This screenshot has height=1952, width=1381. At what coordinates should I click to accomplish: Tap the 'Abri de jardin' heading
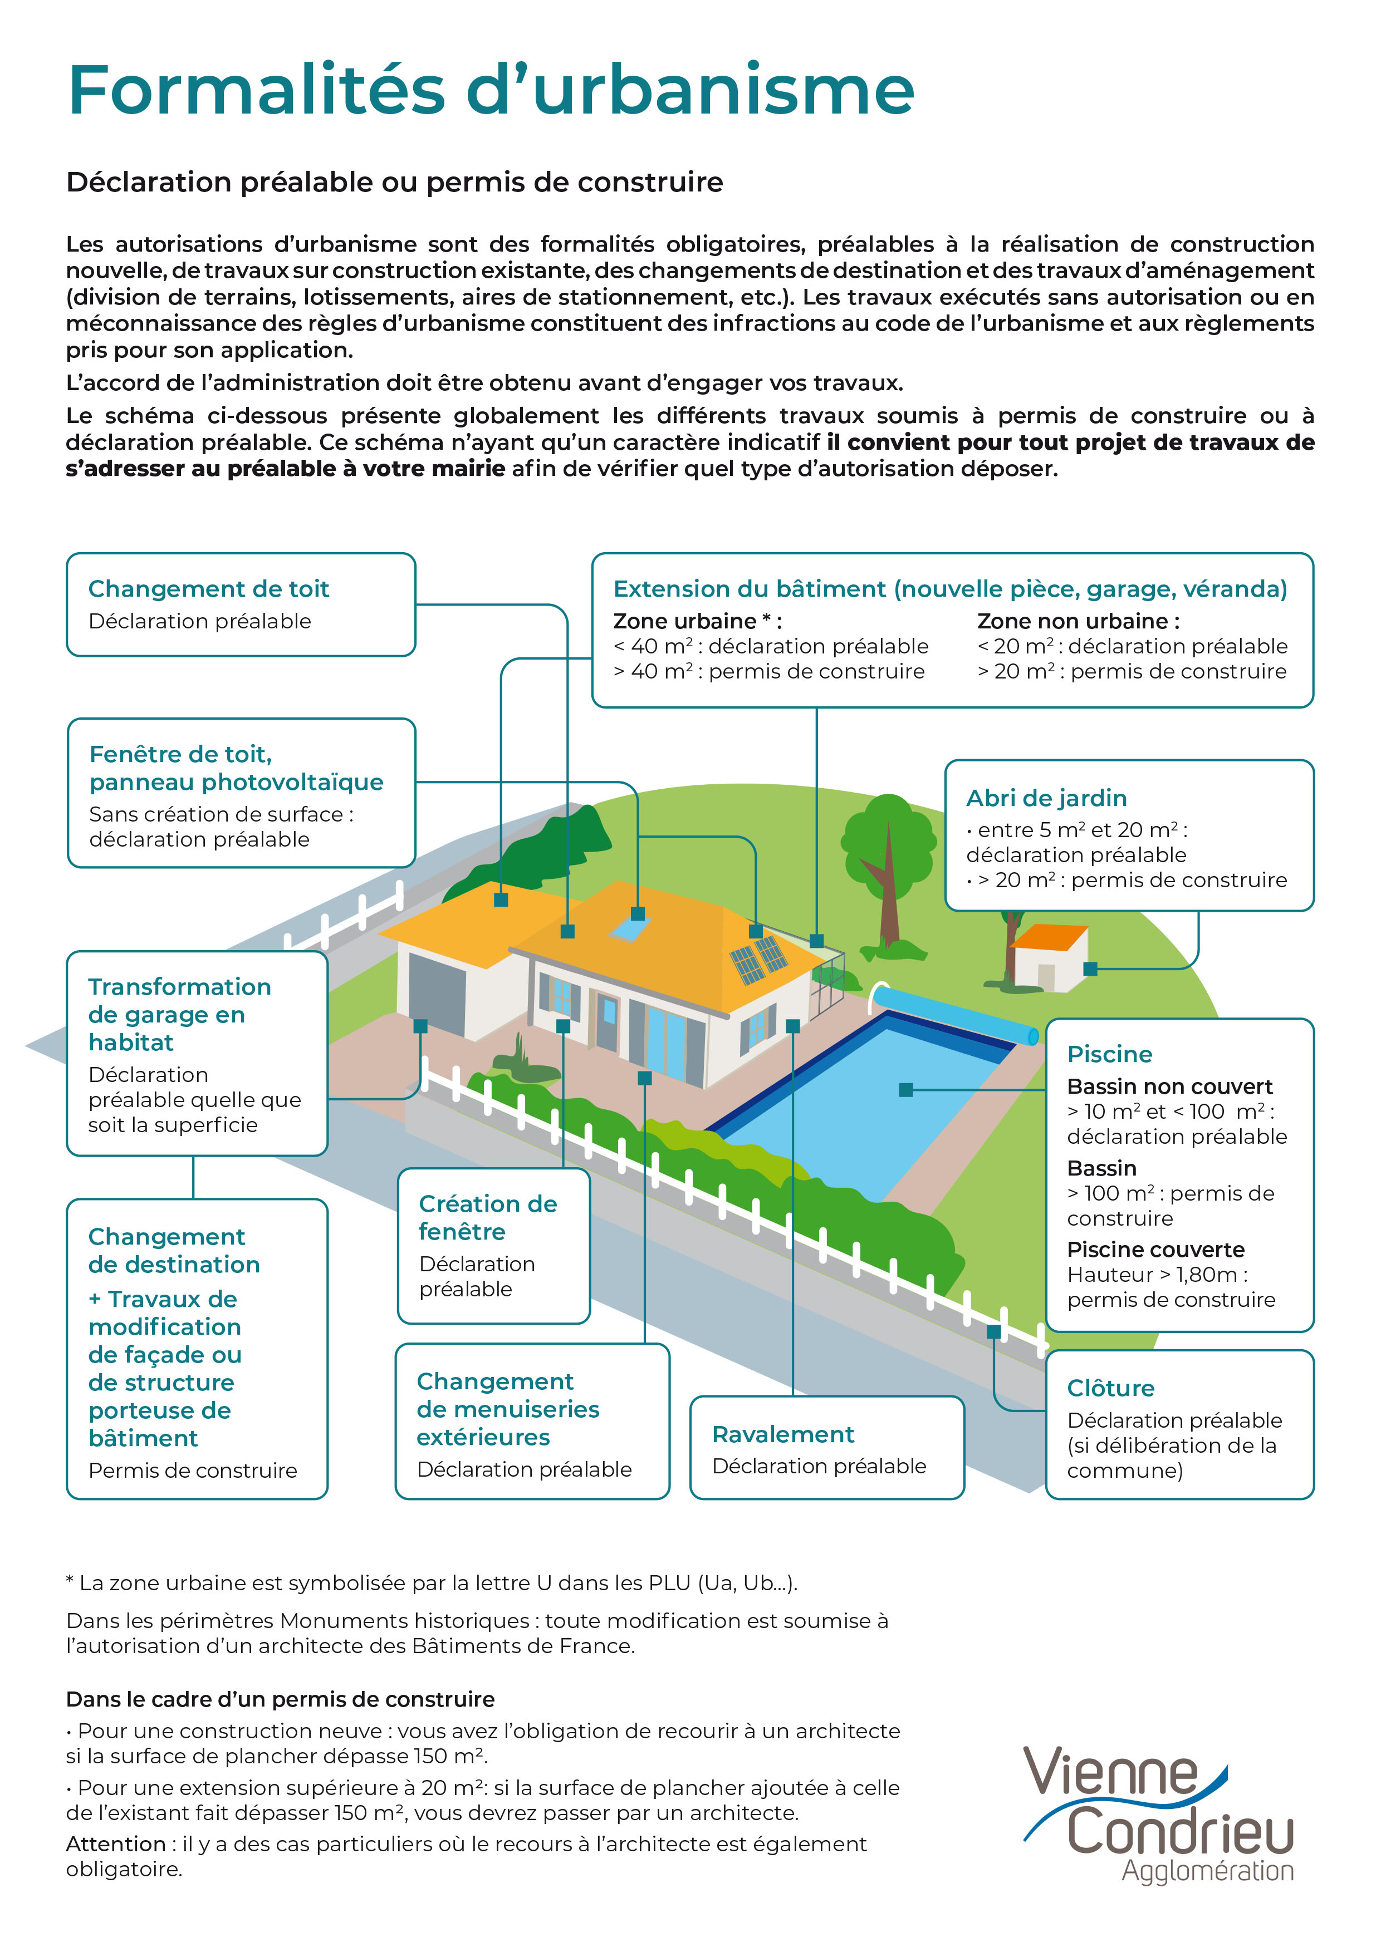pos(1046,798)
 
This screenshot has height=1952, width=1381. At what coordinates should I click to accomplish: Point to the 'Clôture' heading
pos(1110,1388)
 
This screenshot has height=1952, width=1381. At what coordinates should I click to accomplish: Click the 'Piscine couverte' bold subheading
pos(1155,1249)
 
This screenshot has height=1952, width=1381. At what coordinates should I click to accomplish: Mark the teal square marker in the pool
pos(905,1089)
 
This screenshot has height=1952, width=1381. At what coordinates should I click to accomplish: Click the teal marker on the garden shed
pos(1090,968)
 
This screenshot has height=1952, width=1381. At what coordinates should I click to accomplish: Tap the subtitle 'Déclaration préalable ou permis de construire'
pos(395,182)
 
